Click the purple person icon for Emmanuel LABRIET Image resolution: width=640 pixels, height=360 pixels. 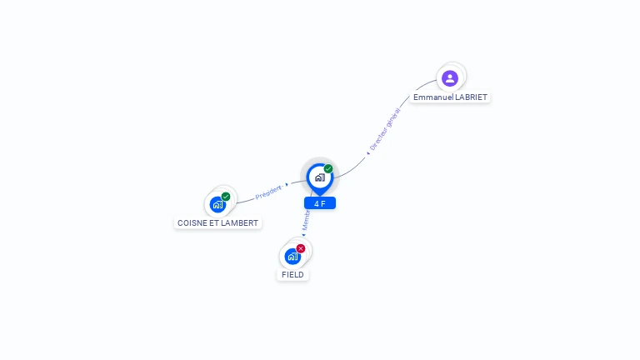(450, 78)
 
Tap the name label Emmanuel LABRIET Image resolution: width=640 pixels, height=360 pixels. (450, 97)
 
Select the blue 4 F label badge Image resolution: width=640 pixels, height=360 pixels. (320, 203)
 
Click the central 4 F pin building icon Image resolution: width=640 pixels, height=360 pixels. (319, 177)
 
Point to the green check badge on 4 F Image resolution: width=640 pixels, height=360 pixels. (328, 168)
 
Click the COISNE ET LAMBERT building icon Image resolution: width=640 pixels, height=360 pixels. (217, 204)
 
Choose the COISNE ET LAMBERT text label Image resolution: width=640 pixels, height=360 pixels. (218, 223)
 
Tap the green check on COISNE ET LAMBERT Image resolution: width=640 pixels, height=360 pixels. (226, 197)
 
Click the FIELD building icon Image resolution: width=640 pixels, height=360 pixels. (292, 256)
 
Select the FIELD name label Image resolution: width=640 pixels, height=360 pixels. (293, 274)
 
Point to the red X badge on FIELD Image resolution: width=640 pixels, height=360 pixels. (301, 248)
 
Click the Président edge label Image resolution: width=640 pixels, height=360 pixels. (268, 192)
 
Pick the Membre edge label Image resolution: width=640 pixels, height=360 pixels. (307, 220)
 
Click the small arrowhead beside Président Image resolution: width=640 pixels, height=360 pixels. (287, 184)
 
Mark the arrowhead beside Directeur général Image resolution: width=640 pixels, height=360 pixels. (367, 153)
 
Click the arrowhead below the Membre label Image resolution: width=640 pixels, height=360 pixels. (304, 235)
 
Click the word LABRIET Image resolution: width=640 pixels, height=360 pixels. (471, 97)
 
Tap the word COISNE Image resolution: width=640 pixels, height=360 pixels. (192, 223)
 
